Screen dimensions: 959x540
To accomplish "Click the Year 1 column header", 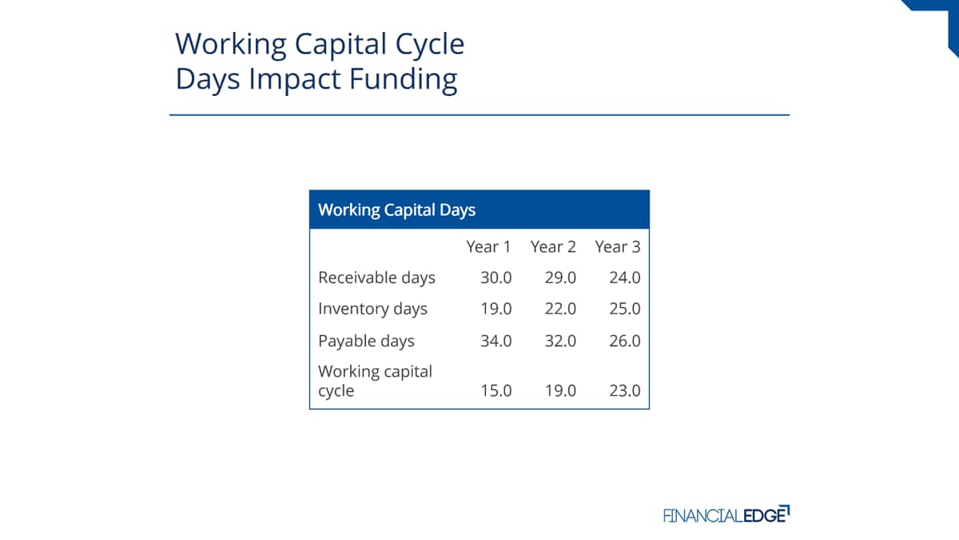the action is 488,247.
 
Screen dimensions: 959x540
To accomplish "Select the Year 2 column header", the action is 553,247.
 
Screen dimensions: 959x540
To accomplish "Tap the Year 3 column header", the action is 618,247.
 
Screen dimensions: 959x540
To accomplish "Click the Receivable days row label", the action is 376,278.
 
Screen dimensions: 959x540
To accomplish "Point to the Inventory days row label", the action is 373,309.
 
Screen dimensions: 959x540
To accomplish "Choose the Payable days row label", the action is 367,341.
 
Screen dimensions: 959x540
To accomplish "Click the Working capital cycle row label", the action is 376,381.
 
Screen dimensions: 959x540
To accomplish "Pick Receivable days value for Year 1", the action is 496,278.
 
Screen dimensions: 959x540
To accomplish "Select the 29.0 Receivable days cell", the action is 560,278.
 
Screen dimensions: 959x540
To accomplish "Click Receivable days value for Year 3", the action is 625,278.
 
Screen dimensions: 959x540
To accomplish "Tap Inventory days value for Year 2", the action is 560,309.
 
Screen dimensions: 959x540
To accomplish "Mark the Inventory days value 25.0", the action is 625,309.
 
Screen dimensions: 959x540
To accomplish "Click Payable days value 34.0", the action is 496,341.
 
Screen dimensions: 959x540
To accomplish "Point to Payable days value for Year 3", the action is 625,341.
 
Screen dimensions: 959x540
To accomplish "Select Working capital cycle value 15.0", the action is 496,391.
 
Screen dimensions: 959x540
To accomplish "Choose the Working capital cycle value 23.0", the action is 625,391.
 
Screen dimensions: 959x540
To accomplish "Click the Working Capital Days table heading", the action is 397,210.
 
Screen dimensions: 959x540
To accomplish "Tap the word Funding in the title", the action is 404,80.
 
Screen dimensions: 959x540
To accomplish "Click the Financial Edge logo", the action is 726,514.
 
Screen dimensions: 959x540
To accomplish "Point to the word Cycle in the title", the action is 430,45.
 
